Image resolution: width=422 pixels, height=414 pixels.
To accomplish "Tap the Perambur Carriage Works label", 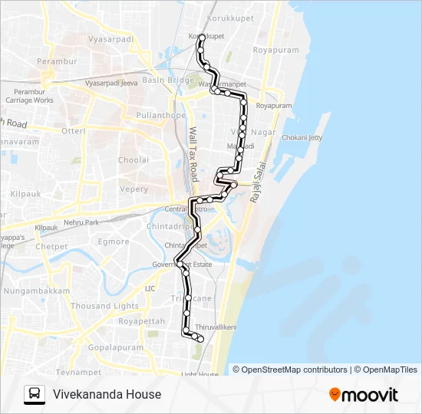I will [x=29, y=96].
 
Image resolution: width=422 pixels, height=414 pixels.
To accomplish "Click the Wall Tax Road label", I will [x=193, y=149].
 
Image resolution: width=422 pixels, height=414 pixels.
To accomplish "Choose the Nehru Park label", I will [x=81, y=222].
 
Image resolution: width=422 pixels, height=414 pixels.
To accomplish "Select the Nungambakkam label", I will [x=37, y=291].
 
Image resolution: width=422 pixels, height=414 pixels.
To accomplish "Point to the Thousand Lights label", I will [x=104, y=306].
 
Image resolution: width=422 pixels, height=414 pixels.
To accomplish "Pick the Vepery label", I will [x=134, y=189].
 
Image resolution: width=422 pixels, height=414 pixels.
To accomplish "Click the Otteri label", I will [x=74, y=131].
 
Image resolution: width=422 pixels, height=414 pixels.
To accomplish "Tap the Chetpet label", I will [x=51, y=247].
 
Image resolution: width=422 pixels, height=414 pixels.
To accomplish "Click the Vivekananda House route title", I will [x=107, y=395].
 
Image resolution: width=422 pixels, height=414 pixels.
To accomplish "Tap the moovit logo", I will [x=364, y=395].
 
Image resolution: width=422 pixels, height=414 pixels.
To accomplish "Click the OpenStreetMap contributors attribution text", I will [x=294, y=370].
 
